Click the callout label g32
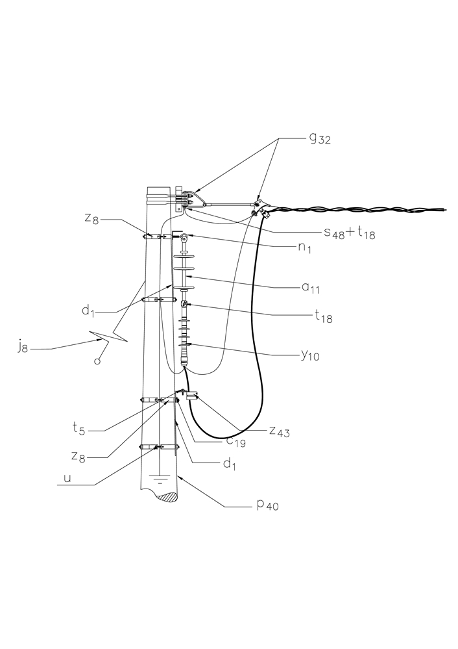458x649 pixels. pyautogui.click(x=320, y=140)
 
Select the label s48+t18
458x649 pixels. pyautogui.click(x=349, y=233)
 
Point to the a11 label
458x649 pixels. pyautogui.click(x=311, y=287)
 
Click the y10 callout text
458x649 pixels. pyautogui.click(x=310, y=355)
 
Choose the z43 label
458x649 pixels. pyautogui.click(x=280, y=431)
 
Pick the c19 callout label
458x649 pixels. pyautogui.click(x=235, y=442)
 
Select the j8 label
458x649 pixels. pyautogui.click(x=23, y=346)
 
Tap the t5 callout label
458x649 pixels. pyautogui.click(x=78, y=429)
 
